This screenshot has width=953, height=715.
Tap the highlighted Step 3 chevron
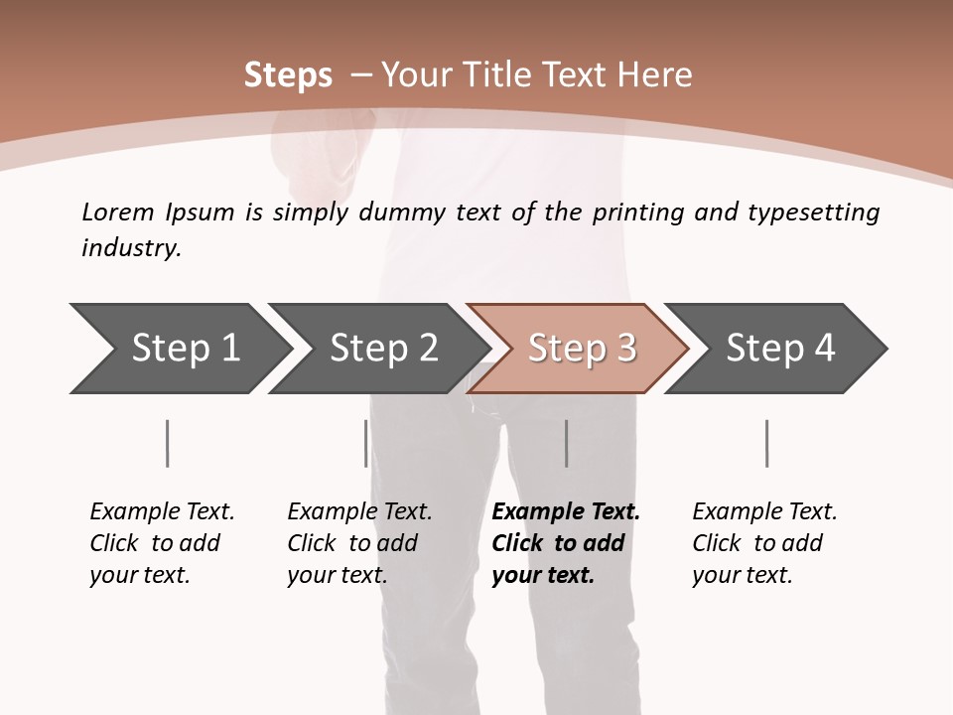tap(582, 349)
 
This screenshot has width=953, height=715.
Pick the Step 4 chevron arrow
tap(780, 349)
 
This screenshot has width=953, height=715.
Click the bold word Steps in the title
tap(288, 75)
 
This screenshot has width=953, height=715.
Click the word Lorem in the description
tap(118, 213)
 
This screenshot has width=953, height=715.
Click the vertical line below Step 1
tap(167, 443)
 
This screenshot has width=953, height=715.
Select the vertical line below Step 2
tap(366, 443)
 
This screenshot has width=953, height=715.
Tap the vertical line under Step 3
tap(566, 443)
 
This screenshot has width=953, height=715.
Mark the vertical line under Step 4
tap(766, 443)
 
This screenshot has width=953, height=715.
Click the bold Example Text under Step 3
tap(566, 512)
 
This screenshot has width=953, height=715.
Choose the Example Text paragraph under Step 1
tap(162, 543)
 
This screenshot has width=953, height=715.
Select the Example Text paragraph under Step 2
tap(359, 543)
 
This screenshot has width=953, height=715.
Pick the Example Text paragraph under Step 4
tap(764, 543)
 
